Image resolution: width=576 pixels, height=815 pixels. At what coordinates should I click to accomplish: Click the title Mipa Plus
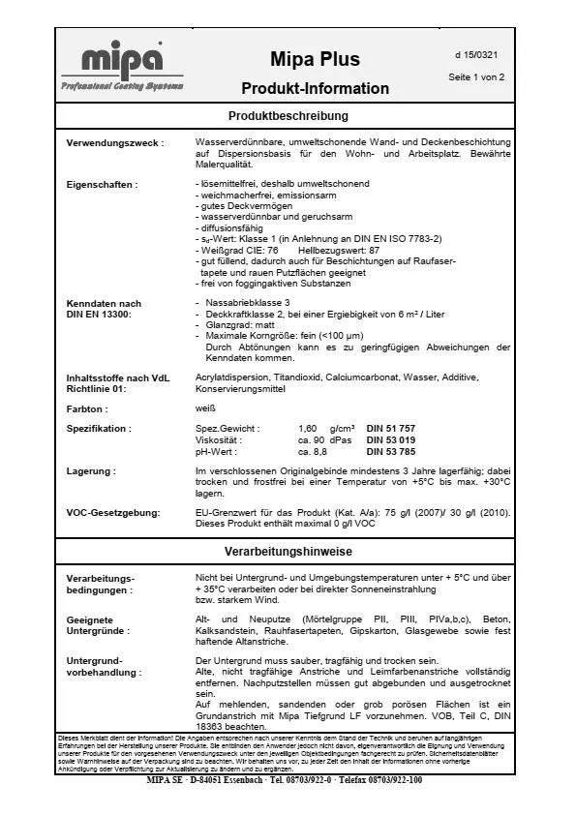pos(315,59)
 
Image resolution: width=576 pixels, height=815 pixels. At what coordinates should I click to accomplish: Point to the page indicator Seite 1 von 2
pos(476,77)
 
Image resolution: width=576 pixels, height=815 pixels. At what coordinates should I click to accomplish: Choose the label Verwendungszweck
pos(114,143)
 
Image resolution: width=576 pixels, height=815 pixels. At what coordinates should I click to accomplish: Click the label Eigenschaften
pos(102,184)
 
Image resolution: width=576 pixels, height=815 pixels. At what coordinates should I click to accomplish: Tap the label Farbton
pos(86,409)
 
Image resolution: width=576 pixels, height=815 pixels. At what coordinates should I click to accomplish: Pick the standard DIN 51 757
pos(393,427)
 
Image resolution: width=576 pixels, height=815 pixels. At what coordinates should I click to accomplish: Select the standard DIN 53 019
pos(393,439)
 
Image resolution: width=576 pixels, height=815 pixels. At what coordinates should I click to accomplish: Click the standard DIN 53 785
pos(393,451)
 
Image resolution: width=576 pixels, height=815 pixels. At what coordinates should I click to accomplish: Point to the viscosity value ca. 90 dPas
pos(325,439)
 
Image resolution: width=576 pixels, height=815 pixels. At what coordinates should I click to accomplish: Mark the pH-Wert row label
pos(217,451)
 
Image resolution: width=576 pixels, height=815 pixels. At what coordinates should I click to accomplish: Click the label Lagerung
pos(91,470)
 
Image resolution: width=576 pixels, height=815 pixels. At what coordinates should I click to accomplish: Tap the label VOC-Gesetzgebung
pos(112,511)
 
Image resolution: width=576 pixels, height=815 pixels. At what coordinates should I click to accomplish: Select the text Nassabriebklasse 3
pos(247,303)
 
